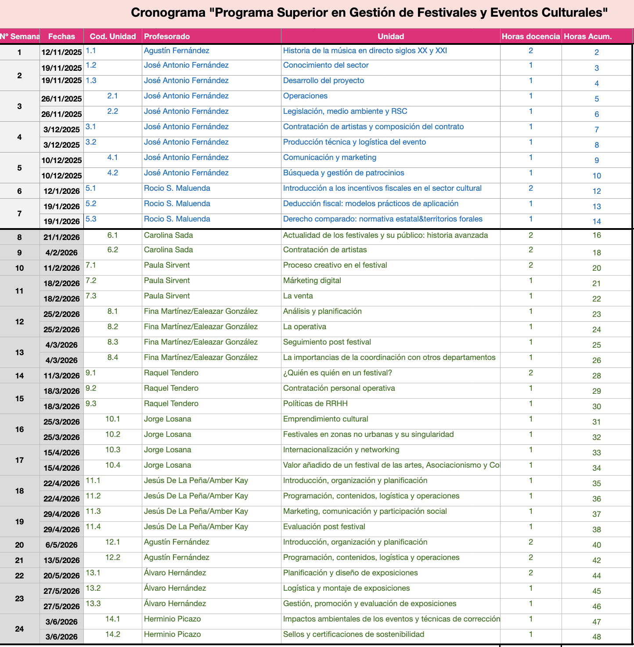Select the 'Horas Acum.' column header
[x=587, y=36]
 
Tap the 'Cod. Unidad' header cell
[x=113, y=36]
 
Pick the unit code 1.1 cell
[x=91, y=51]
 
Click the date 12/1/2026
[x=61, y=191]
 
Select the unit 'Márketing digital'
[x=312, y=280]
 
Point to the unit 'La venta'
[x=298, y=296]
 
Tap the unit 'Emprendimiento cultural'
[x=325, y=419]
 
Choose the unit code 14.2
[x=113, y=634]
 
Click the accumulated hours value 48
[x=597, y=637]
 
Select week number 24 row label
[x=19, y=629]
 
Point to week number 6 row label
[x=19, y=191]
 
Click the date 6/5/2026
[x=61, y=545]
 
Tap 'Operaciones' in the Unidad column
[x=305, y=96]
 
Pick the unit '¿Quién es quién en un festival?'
[x=337, y=373]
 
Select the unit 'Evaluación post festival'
[x=324, y=527]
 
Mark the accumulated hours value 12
[x=597, y=191]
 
